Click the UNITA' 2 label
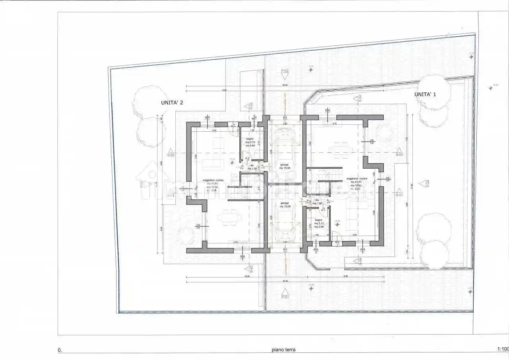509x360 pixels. click(172, 102)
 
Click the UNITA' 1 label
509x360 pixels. click(425, 94)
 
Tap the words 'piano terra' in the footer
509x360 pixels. click(284, 350)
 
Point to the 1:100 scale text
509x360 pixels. click(503, 350)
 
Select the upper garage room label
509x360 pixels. click(284, 166)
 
